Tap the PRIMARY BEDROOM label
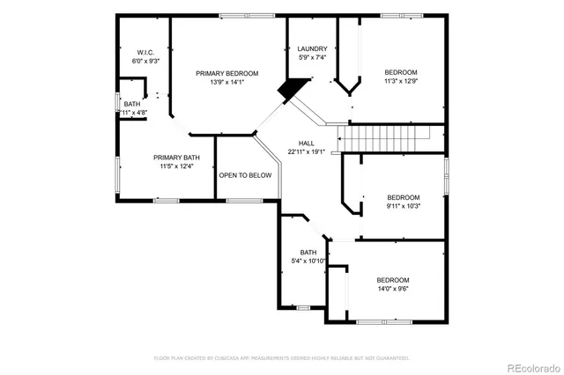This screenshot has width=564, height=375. [234, 74]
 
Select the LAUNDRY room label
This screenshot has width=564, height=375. [312, 49]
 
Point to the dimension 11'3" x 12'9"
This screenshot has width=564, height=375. [400, 81]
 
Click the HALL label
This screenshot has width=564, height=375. [306, 143]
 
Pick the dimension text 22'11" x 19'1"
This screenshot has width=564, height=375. [306, 151]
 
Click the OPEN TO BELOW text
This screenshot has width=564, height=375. [245, 175]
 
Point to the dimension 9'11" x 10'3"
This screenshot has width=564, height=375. [404, 206]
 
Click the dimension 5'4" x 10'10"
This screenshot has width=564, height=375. [308, 261]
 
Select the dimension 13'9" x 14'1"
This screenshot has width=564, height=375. [234, 84]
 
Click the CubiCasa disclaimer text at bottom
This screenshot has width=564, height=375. [282, 358]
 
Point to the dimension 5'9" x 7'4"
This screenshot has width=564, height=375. [312, 58]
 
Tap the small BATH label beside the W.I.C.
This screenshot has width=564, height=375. [131, 104]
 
